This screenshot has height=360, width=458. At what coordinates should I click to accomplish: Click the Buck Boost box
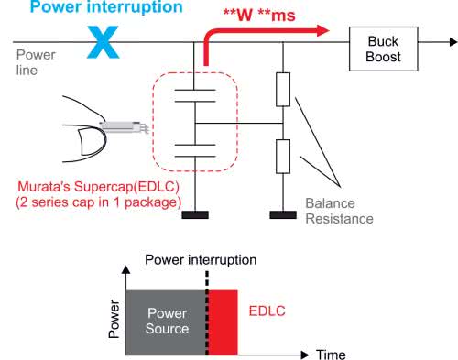tap(384, 49)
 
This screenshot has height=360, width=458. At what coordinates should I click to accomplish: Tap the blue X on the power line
tap(104, 42)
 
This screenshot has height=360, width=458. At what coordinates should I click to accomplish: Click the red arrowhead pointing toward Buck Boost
tap(323, 30)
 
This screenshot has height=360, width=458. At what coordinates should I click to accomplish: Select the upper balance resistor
tap(283, 90)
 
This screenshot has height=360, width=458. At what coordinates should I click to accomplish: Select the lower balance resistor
tap(283, 157)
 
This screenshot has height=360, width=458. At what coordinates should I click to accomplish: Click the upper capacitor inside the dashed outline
tap(195, 95)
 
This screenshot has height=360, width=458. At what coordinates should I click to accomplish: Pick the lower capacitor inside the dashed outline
tap(195, 150)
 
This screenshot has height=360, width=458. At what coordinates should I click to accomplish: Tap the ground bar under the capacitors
tap(195, 214)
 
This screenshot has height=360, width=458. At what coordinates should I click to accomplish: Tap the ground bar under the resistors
tap(283, 214)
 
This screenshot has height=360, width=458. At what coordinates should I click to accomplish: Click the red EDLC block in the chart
tap(223, 322)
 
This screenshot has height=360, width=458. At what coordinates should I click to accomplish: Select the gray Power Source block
tap(167, 322)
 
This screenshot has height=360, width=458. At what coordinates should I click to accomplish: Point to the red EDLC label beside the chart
tap(267, 311)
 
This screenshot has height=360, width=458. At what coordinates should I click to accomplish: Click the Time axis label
tap(331, 355)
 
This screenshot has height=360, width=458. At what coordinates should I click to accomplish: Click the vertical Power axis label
tap(114, 319)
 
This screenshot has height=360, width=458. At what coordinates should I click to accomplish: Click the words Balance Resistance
tap(339, 211)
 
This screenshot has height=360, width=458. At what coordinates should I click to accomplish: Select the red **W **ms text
tap(259, 15)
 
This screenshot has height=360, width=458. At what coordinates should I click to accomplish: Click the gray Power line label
tap(36, 62)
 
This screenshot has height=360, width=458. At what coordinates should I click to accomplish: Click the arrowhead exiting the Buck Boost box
tap(454, 42)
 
